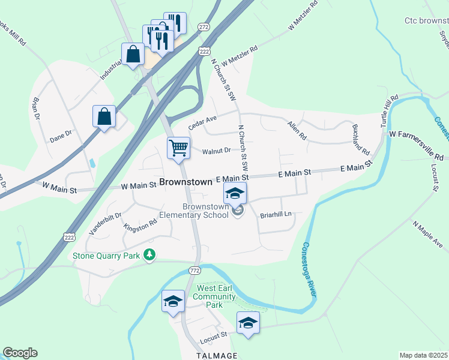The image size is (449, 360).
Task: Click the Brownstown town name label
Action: point(185,181)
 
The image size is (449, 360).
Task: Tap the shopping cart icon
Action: point(178,147)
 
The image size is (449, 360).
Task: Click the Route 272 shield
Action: point(204,27)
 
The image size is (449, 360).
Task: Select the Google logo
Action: point(20,353)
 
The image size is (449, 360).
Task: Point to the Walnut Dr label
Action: point(216,151)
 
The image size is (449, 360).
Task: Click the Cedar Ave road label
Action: point(202,122)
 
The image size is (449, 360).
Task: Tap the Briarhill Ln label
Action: point(276,214)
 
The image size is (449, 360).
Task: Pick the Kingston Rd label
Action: point(140,226)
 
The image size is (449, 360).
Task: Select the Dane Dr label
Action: point(61,137)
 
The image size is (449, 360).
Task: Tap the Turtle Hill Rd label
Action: point(390,110)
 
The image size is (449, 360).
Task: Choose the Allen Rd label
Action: point(297,130)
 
